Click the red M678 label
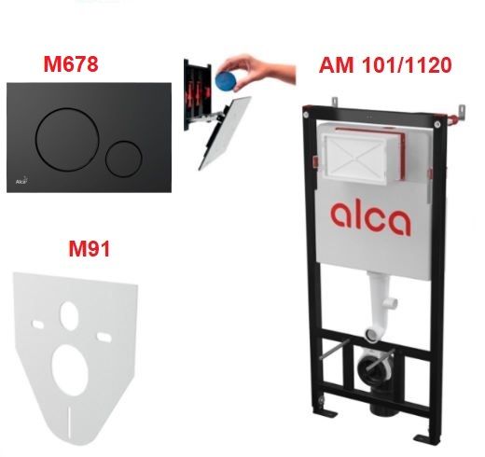[71, 64]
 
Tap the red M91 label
[90, 249]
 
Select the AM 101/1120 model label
[385, 65]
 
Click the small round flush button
[124, 159]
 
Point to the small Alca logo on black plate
[21, 181]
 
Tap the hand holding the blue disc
[258, 71]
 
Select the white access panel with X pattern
[355, 158]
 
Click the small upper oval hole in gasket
[69, 315]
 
